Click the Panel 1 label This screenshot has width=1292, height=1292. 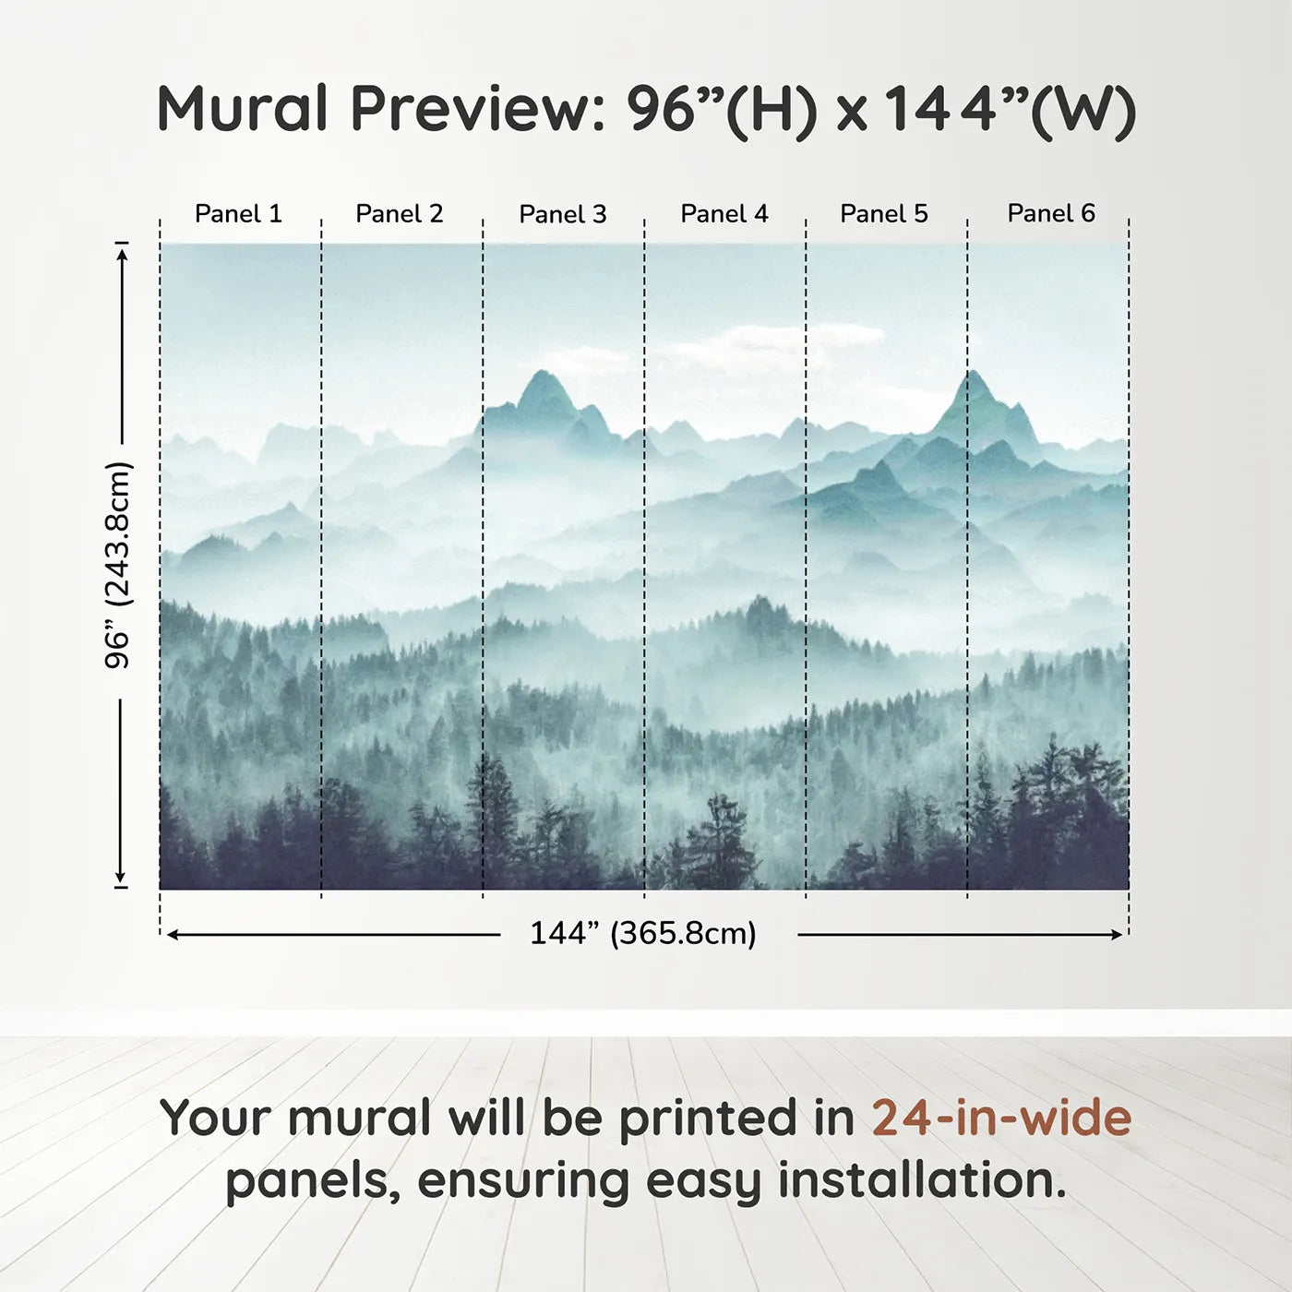(238, 214)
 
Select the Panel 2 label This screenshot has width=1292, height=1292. (399, 214)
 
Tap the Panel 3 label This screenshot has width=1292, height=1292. (563, 214)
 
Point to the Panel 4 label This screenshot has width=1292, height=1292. (724, 214)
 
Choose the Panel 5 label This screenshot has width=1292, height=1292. (884, 214)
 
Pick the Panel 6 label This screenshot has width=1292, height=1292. (1050, 213)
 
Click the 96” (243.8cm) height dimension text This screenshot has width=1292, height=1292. (119, 565)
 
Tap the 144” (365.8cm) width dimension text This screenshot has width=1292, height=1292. (643, 933)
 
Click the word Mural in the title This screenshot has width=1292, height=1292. (242, 108)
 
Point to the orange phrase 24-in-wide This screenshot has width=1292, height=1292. (1001, 1118)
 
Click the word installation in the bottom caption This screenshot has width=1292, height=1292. (922, 1179)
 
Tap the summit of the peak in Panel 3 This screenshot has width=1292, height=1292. (543, 371)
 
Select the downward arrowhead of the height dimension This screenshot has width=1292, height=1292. (121, 877)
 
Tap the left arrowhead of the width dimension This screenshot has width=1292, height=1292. (173, 935)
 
